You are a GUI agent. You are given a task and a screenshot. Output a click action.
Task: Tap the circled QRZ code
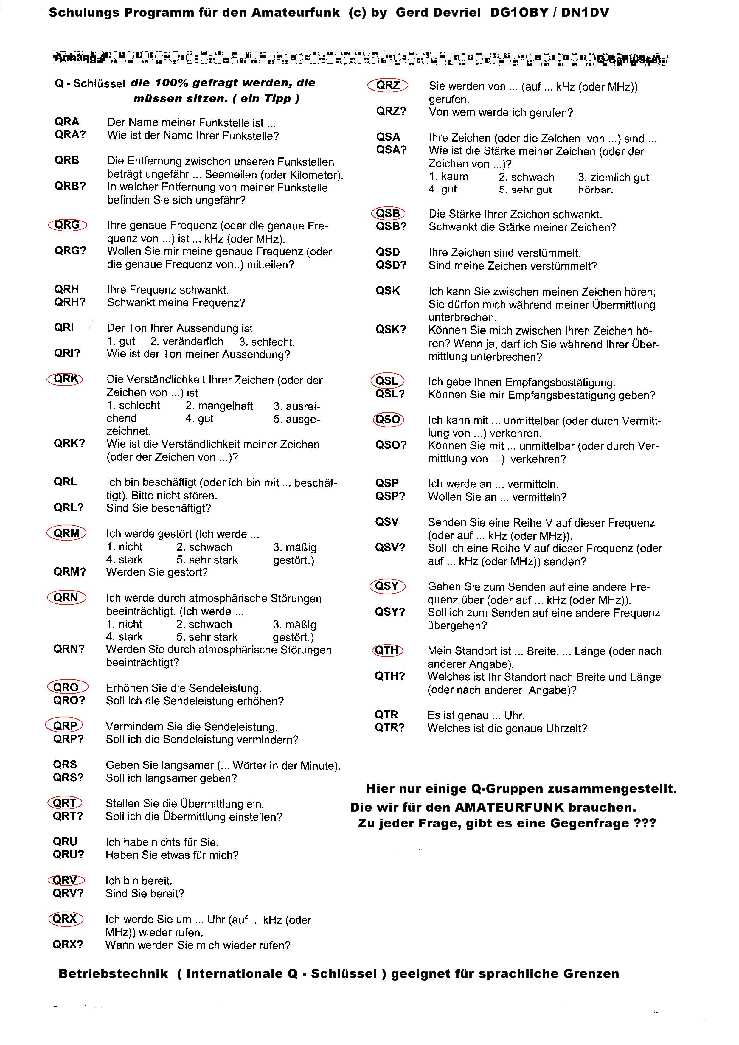point(388,85)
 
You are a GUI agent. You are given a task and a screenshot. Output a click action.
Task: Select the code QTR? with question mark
point(389,728)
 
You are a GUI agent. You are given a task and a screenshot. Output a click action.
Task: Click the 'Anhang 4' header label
point(80,57)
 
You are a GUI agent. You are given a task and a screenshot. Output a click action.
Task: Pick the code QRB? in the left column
point(70,186)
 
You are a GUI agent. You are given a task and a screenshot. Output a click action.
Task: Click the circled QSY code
point(387,586)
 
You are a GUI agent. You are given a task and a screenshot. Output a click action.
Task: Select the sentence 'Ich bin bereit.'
point(139,881)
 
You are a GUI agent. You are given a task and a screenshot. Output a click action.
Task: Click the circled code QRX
point(66,919)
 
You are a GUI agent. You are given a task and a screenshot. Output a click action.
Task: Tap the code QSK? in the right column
point(390,330)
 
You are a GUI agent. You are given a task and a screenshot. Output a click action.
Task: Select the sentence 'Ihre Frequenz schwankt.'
point(168,290)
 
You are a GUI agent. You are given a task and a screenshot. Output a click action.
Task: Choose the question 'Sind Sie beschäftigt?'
point(159,508)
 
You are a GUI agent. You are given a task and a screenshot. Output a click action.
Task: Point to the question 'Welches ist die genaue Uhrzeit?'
point(507,728)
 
